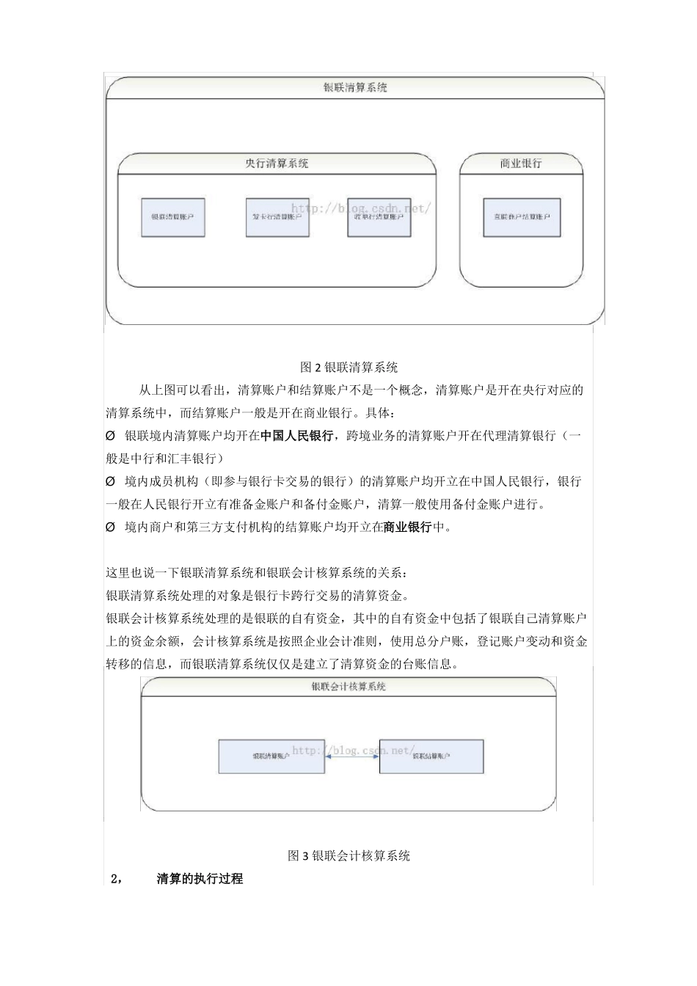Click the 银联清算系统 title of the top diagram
click(355, 87)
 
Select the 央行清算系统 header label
click(277, 164)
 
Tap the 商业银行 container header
click(521, 164)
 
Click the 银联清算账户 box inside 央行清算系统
click(173, 217)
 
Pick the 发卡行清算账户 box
click(276, 217)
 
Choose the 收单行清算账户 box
click(379, 217)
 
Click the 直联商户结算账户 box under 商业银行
click(522, 217)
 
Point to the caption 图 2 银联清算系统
click(348, 367)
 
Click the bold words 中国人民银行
click(296, 436)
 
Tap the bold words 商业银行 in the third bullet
click(407, 527)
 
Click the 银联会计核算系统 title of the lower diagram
click(348, 687)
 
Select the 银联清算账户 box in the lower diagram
click(271, 756)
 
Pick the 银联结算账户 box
click(431, 756)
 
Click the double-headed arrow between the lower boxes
click(352, 756)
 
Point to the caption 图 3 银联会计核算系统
click(348, 855)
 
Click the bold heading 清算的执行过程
click(200, 878)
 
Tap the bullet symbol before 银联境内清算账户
click(111, 436)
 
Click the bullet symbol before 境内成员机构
click(111, 482)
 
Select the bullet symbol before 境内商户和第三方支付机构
click(111, 527)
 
